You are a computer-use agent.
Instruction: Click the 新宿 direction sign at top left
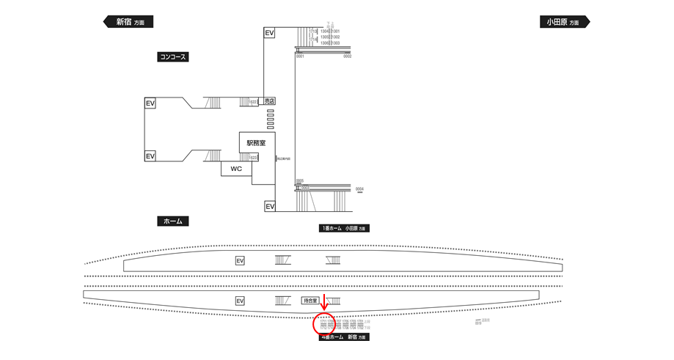coord(128,22)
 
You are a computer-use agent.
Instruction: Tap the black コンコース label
coord(173,56)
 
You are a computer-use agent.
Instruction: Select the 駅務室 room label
coord(257,142)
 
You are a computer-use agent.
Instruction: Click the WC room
coord(236,169)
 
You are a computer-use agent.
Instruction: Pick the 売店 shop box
coord(270,101)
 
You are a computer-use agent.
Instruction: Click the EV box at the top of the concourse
coord(269,33)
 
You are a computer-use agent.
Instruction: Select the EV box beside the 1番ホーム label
coord(269,207)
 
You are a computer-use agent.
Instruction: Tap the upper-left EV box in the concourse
coord(150,103)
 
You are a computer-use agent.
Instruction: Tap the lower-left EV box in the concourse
coord(150,156)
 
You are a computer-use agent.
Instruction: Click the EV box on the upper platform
coord(240,260)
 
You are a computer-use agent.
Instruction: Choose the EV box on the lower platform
coord(240,301)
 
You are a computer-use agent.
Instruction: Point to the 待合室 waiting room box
coord(311,301)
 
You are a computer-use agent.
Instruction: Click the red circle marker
coord(324,323)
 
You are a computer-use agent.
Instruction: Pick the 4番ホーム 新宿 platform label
coord(344,337)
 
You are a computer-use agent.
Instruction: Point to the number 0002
coord(348,56)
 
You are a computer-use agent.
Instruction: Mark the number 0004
coord(359,189)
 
